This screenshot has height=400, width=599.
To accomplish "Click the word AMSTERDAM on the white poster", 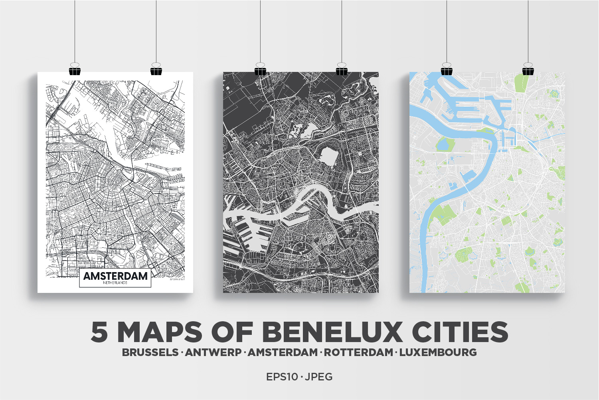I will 115,276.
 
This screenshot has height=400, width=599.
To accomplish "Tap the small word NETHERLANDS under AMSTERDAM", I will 115,283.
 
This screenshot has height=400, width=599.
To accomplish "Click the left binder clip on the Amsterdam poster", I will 75,70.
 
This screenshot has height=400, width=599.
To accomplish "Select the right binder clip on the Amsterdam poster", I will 156,70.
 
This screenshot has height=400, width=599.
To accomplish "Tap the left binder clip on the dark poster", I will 260,70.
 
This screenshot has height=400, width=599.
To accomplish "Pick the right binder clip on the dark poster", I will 342,70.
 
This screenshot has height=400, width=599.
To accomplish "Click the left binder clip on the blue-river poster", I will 447,70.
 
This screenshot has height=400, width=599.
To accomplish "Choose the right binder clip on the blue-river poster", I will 528,70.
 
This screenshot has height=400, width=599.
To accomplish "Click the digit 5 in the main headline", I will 99,332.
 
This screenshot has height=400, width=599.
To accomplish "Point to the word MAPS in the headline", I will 160,332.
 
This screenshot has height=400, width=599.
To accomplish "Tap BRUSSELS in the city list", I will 150,352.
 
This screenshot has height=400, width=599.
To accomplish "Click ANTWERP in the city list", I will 214,352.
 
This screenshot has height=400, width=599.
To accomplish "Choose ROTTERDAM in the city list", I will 358,352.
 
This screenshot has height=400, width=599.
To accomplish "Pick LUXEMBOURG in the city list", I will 438,352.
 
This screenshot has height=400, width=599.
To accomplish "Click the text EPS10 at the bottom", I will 282,377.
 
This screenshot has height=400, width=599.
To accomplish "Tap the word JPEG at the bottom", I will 319,377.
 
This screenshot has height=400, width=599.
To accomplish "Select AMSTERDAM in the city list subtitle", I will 283,352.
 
